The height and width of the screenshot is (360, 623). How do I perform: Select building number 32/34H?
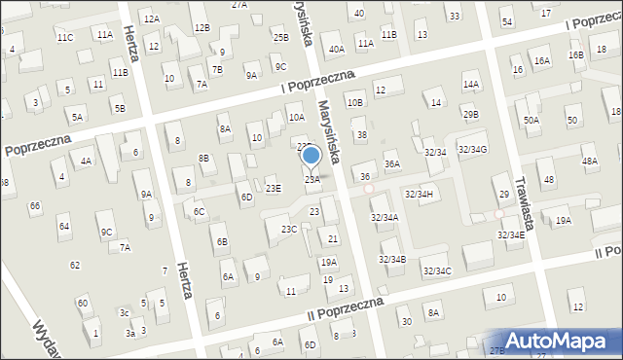pyautogui.click(x=419, y=195)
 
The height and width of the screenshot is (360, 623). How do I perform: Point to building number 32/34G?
pyautogui.click(x=472, y=148)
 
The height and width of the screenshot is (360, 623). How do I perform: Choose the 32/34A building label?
pyautogui.click(x=385, y=218)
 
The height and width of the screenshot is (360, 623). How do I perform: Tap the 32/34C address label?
pyautogui.click(x=437, y=270)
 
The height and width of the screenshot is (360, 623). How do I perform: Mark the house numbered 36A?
pyautogui.click(x=391, y=164)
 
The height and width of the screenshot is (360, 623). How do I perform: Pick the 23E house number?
pyautogui.click(x=274, y=188)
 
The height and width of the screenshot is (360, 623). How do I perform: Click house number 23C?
pyautogui.click(x=289, y=230)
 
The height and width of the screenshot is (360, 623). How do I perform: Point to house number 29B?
pyautogui.click(x=471, y=115)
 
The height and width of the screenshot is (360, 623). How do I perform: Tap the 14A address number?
pyautogui.click(x=471, y=85)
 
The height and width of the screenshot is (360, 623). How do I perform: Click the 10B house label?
pyautogui.click(x=354, y=102)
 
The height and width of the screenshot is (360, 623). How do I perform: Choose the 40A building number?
pyautogui.click(x=337, y=49)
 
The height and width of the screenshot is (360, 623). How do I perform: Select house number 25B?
pyautogui.click(x=280, y=37)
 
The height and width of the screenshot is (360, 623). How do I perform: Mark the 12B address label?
pyautogui.click(x=202, y=27)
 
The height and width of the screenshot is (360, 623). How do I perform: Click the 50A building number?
pyautogui.click(x=531, y=120)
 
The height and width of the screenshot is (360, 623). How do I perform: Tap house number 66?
pyautogui.click(x=35, y=206)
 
